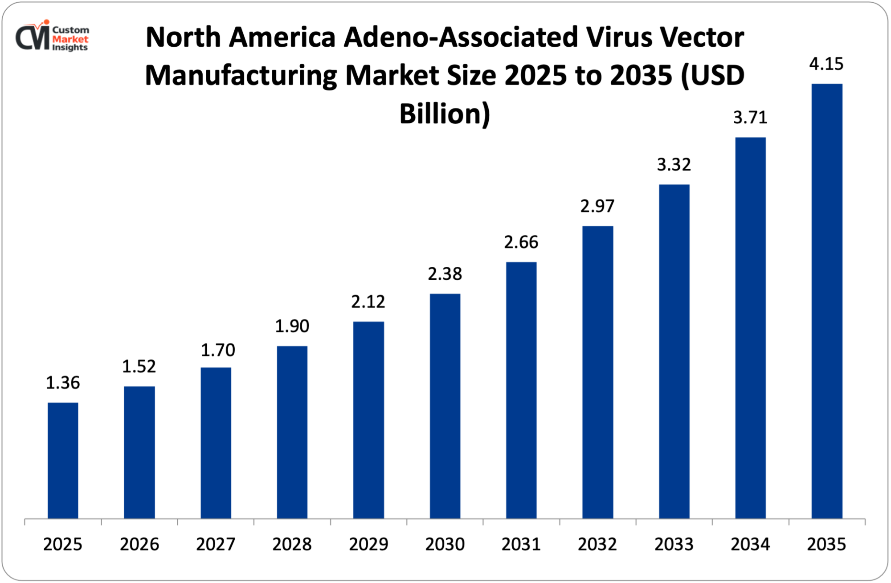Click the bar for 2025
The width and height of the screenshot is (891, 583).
click(63, 461)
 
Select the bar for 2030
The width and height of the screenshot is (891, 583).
click(445, 406)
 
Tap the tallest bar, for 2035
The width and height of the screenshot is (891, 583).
click(827, 301)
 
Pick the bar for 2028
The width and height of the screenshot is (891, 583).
click(292, 432)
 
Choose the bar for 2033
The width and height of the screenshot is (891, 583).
click(674, 351)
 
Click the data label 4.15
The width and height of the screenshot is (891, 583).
click(826, 64)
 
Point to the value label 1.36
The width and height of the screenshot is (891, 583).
click(63, 383)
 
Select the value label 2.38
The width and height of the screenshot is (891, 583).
click(445, 274)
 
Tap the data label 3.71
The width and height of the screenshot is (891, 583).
click(750, 118)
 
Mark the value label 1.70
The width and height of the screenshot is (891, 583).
click(218, 351)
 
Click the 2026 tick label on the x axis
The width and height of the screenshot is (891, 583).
click(139, 544)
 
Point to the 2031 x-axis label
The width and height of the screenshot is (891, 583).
click(521, 544)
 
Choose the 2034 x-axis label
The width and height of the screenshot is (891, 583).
click(750, 544)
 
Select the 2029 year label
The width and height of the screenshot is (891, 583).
click(368, 544)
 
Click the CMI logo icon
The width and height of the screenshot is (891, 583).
click(33, 37)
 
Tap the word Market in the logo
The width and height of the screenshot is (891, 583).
click(70, 39)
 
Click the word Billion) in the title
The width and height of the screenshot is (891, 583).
click(445, 114)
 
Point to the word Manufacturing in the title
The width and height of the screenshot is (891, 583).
click(241, 76)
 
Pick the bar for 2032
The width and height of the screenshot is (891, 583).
click(597, 372)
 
